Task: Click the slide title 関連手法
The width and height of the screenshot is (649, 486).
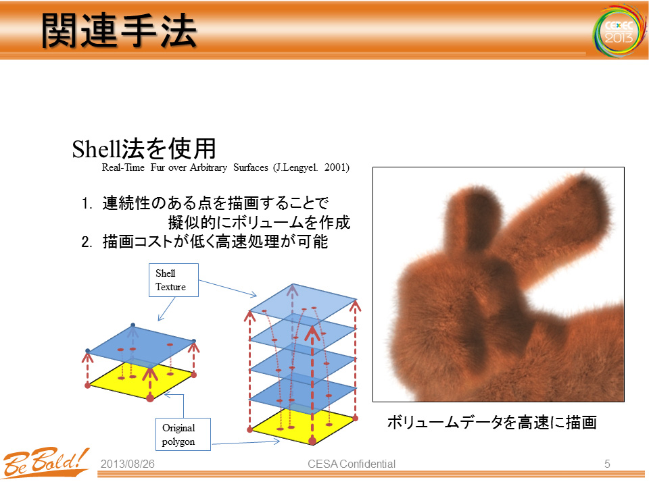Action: (119, 30)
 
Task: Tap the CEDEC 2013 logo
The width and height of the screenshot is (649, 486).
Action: (619, 32)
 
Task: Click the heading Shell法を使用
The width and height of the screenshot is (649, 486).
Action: (144, 148)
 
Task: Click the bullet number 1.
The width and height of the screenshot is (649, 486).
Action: (87, 203)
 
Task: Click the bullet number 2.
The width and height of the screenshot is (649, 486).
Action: (87, 242)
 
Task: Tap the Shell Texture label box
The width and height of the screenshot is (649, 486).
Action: (174, 280)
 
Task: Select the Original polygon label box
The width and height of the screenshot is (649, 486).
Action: (183, 434)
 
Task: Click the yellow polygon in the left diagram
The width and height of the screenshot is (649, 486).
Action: (141, 381)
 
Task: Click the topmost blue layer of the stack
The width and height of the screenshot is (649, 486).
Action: (303, 302)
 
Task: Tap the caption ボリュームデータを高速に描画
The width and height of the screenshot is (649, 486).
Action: (491, 423)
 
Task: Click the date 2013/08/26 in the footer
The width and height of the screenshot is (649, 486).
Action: (128, 464)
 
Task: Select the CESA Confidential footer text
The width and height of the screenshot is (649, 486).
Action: (352, 464)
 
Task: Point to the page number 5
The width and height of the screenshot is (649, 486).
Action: (607, 464)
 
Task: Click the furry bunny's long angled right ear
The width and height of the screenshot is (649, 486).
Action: (559, 223)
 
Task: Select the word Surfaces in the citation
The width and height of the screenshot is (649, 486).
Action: (251, 167)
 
